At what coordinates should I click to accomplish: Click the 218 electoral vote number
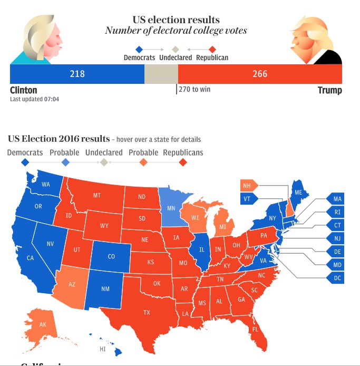pos(77,74)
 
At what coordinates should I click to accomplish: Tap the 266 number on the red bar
pos(260,74)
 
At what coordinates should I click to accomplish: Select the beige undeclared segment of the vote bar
pos(161,74)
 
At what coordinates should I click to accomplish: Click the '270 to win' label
pos(194,89)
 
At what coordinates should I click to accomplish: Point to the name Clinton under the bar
pos(24,90)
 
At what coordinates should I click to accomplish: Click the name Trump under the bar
pos(329,90)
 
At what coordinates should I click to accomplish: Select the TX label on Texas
pos(147,313)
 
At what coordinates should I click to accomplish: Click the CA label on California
pos(31,258)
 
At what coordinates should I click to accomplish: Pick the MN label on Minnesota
pos(171,208)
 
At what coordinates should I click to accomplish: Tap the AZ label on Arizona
pos(72,285)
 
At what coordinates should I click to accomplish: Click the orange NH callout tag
pos(247,186)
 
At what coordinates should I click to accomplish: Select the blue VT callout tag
pos(247,199)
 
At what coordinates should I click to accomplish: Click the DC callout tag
pos(337,278)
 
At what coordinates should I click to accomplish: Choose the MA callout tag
pos(337,199)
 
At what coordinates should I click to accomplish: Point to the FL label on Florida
pos(255,330)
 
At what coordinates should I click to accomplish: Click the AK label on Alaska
pos(43,325)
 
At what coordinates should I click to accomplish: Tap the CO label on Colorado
pos(111,257)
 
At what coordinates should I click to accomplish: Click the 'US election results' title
pos(176,20)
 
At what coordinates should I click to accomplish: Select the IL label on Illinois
pos(201,249)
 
